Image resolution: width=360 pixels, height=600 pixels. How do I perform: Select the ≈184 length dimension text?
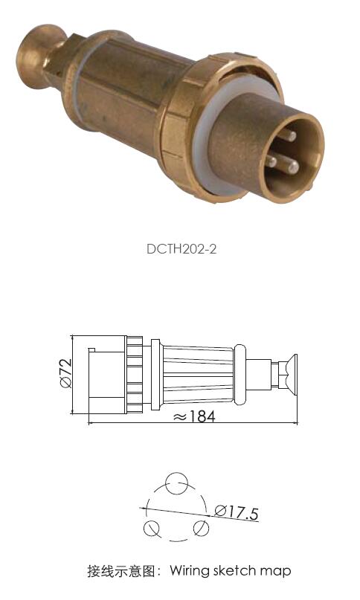195,417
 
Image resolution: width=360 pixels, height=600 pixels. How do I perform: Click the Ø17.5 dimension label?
237,512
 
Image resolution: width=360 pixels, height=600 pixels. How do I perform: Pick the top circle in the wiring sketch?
176,483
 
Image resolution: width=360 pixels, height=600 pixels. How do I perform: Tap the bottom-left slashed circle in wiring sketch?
153,529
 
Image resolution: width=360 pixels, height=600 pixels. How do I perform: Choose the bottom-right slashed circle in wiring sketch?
201,529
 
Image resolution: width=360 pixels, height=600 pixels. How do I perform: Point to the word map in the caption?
275,571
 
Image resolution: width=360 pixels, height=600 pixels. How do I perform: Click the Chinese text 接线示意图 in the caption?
123,571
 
